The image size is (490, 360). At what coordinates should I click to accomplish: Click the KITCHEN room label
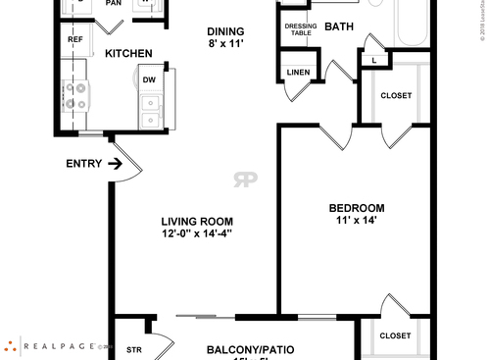(x=127, y=53)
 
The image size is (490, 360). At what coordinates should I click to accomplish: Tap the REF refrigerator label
(x=75, y=39)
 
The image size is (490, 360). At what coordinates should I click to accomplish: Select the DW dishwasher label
(x=148, y=79)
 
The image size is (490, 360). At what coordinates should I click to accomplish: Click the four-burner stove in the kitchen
(x=74, y=96)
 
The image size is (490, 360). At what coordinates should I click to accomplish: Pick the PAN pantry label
(x=113, y=3)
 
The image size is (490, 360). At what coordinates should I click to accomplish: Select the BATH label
(x=339, y=26)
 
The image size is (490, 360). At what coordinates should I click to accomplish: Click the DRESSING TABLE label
(x=300, y=28)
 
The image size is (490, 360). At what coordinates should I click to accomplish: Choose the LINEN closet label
(x=298, y=72)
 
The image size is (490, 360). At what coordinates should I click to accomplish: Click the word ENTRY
(x=83, y=164)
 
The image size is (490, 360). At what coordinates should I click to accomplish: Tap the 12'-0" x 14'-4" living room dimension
(x=197, y=234)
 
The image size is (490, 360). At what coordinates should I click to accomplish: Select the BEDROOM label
(x=355, y=208)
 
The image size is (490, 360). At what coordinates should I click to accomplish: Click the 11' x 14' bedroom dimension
(x=355, y=221)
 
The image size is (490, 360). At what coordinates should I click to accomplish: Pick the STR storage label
(x=134, y=349)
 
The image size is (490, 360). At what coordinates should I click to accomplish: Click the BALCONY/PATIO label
(x=250, y=349)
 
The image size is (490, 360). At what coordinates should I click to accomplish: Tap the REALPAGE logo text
(x=61, y=345)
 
